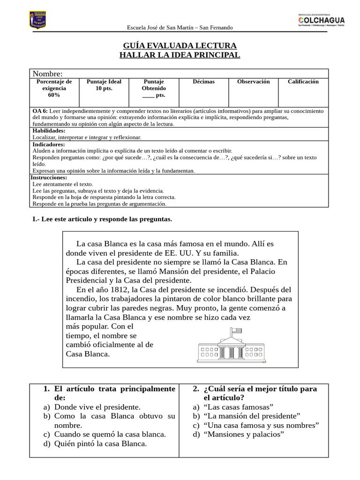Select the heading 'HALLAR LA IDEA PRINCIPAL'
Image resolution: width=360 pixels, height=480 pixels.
click(180, 55)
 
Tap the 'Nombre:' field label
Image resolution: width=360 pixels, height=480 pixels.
click(47, 74)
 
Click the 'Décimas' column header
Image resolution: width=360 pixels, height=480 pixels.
click(203, 82)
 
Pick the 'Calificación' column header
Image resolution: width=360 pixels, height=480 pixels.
click(303, 82)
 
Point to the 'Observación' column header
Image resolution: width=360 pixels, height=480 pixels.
click(253, 82)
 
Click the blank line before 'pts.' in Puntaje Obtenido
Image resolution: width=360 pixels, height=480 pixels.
click(148, 95)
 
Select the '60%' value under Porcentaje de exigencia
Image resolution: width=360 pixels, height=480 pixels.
click(54, 95)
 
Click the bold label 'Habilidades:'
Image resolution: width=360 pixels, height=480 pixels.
click(49, 131)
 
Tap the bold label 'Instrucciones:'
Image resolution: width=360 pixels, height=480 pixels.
click(49, 178)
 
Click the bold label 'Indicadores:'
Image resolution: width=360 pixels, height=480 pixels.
click(48, 144)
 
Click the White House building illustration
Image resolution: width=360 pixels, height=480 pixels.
click(232, 348)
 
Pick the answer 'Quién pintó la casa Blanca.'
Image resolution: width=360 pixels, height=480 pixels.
click(100, 443)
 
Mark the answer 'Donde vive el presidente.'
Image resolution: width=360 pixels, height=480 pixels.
click(97, 407)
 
